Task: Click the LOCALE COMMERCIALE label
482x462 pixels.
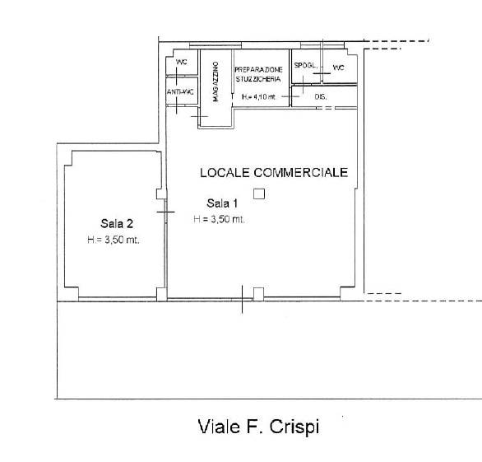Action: click(x=274, y=172)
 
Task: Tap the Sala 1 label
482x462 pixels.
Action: click(x=222, y=203)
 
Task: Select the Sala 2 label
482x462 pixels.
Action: click(x=117, y=223)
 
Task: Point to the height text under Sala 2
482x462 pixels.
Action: click(x=114, y=240)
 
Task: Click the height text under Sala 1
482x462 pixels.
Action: click(x=219, y=219)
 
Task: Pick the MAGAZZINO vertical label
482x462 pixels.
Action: click(x=216, y=82)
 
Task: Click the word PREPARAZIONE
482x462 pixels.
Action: click(x=258, y=69)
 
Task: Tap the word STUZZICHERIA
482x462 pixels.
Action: click(x=258, y=79)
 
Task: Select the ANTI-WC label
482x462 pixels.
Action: click(x=180, y=91)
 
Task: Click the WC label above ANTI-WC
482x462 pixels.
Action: click(x=181, y=62)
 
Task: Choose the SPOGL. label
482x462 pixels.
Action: click(x=305, y=65)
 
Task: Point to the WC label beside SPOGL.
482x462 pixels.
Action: click(x=338, y=68)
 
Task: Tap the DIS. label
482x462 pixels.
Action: click(x=321, y=96)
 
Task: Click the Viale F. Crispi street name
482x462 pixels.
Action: click(x=258, y=427)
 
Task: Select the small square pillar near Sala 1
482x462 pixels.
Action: click(x=259, y=194)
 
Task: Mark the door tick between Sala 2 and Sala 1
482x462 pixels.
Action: click(x=165, y=212)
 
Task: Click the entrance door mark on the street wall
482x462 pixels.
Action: click(x=242, y=299)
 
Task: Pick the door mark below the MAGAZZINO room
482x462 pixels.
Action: click(x=200, y=116)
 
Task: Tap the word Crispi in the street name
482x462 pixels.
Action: click(x=294, y=427)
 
